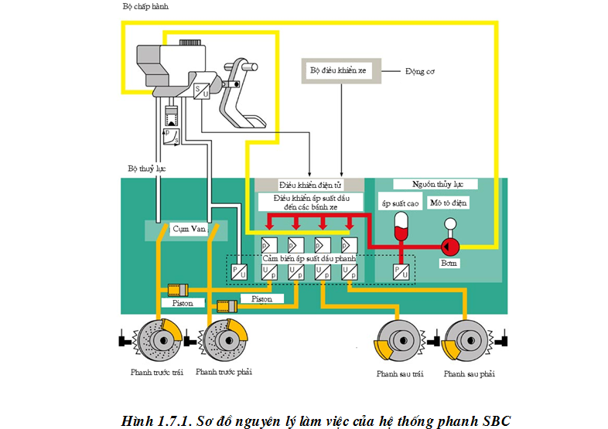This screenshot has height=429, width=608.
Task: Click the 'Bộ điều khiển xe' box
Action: (338, 71)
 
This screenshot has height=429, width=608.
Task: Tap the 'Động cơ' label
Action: (419, 71)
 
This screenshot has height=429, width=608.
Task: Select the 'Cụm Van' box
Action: (188, 230)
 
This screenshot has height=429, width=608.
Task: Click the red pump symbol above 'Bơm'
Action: (449, 247)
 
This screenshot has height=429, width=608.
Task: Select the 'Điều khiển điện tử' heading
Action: (309, 186)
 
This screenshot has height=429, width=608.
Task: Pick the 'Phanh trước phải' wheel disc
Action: (224, 339)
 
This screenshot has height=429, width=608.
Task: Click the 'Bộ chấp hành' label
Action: (145, 6)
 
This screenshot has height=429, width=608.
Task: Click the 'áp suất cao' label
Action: (400, 203)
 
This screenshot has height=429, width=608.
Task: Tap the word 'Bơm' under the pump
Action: (449, 263)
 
